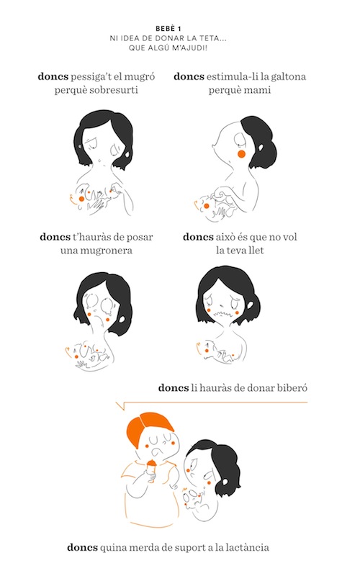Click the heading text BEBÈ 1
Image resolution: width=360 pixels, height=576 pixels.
[168, 29]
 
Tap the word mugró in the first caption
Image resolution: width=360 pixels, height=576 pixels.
[140, 77]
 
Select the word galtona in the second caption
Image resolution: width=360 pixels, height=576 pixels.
[289, 76]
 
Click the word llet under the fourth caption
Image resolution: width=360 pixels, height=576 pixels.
[257, 250]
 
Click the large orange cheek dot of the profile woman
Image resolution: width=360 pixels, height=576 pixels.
[241, 154]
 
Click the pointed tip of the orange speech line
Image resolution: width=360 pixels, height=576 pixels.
[116, 403]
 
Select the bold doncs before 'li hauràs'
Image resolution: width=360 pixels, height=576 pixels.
[174, 388]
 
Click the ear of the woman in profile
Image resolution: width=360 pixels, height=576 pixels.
[260, 148]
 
